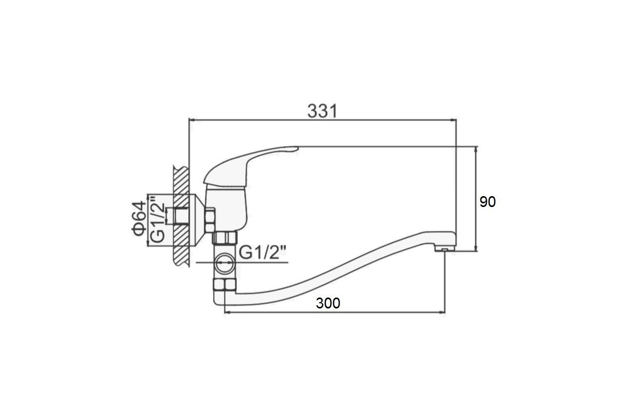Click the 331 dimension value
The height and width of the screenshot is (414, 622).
click(x=322, y=111)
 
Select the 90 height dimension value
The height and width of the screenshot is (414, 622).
click(x=487, y=202)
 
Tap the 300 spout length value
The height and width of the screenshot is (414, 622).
click(x=328, y=303)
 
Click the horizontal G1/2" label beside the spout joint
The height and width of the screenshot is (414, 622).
click(x=262, y=253)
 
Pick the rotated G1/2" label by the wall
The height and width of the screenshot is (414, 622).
click(x=158, y=219)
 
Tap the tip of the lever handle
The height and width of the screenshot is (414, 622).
click(x=298, y=149)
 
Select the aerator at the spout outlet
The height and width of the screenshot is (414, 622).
click(x=445, y=249)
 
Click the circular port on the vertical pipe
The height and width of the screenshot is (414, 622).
click(x=224, y=263)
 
